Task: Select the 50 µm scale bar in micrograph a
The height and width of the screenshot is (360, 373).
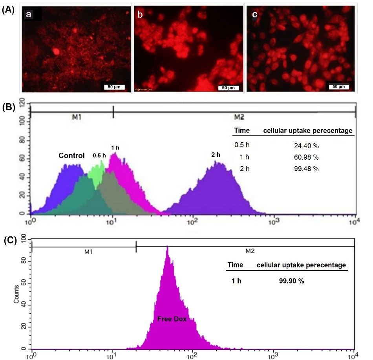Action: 114,86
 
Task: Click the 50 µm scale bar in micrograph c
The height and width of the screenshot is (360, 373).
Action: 338,86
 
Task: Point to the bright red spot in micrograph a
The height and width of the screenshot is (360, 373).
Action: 56,51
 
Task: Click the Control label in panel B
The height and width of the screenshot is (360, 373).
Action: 71,155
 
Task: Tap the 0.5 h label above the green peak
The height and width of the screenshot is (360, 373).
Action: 99,155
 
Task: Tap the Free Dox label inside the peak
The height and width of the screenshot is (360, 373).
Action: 172,319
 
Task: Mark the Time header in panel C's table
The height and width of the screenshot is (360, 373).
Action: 236,265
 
